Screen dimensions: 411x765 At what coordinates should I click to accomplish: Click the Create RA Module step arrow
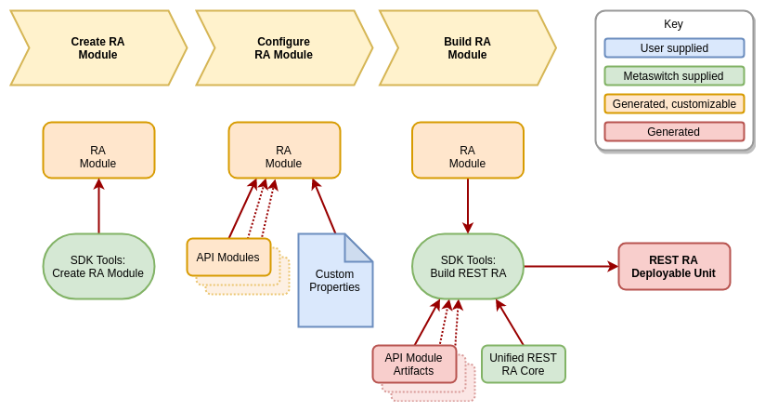click(97, 48)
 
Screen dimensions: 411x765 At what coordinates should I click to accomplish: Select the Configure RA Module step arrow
click(283, 48)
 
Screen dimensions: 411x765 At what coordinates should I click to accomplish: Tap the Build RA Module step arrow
click(467, 48)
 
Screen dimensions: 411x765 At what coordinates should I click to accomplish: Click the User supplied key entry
click(674, 48)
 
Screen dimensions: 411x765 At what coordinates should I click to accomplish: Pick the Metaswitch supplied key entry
click(674, 76)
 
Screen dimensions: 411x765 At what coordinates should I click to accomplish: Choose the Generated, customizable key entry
click(674, 104)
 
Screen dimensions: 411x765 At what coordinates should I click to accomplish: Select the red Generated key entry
click(674, 132)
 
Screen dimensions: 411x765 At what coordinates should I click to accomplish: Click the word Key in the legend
click(673, 24)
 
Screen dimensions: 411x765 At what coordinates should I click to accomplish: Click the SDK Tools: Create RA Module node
click(98, 267)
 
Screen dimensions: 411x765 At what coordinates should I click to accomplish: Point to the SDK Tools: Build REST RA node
click(468, 267)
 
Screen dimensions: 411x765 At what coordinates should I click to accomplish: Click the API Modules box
click(228, 258)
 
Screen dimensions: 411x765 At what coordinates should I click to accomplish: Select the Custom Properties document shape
click(334, 282)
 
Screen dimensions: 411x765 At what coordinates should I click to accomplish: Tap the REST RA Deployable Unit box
click(674, 267)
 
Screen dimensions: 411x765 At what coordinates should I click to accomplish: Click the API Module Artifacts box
click(414, 365)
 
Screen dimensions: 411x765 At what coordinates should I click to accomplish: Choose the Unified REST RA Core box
click(524, 365)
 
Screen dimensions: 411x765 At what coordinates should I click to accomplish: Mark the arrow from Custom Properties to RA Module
click(324, 206)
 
